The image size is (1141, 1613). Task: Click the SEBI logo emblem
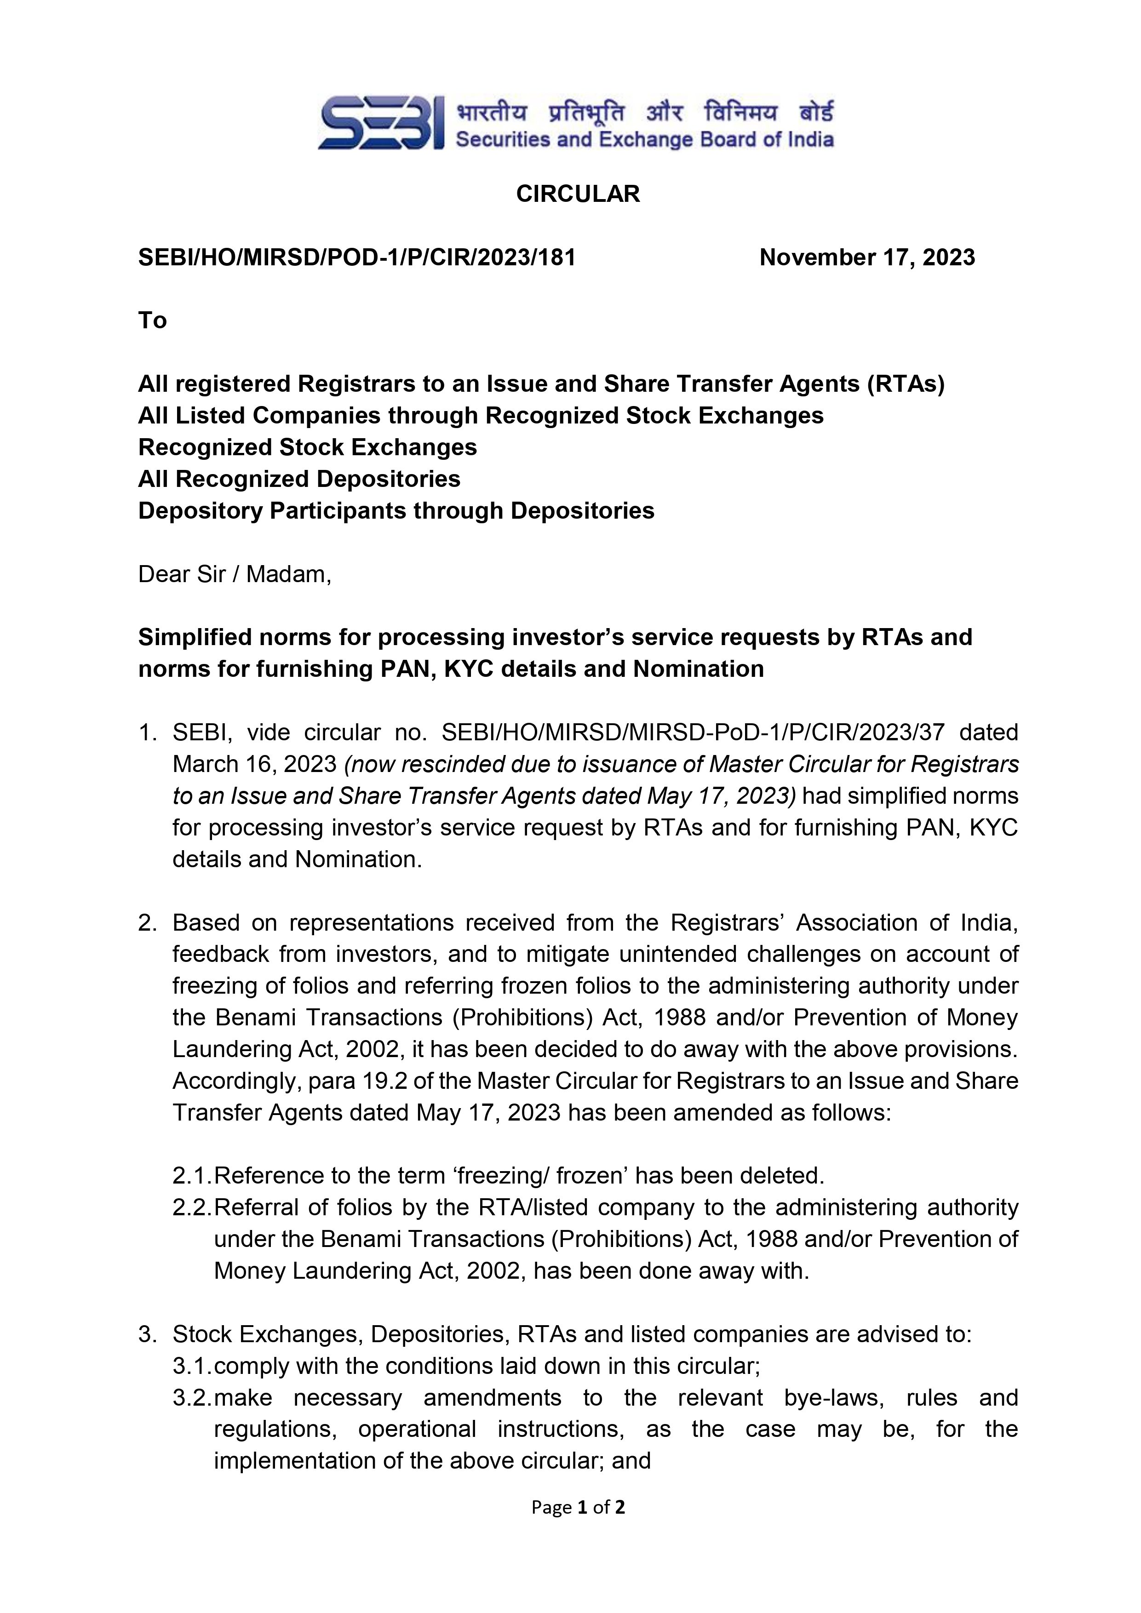(x=380, y=124)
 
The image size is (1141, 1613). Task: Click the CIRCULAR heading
(x=578, y=194)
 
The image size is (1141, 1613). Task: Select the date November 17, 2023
(x=867, y=258)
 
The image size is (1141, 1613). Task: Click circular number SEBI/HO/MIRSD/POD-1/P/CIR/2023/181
(x=357, y=258)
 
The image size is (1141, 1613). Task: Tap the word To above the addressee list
(x=153, y=320)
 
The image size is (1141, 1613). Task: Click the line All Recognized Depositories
(x=299, y=479)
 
